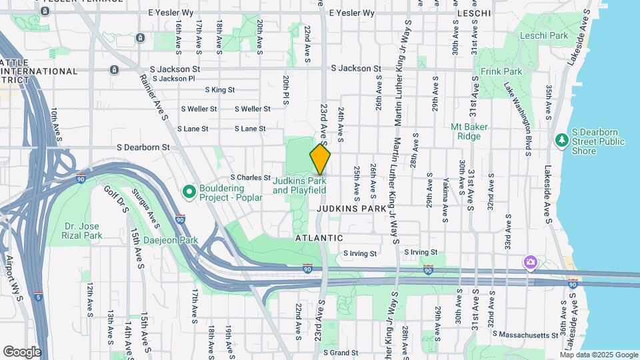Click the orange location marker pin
(x=320, y=159)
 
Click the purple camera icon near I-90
(x=530, y=262)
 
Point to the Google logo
(x=22, y=352)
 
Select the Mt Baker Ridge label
(x=469, y=131)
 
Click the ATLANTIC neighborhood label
(x=319, y=238)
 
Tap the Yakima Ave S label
(x=445, y=193)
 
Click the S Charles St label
(x=249, y=178)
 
